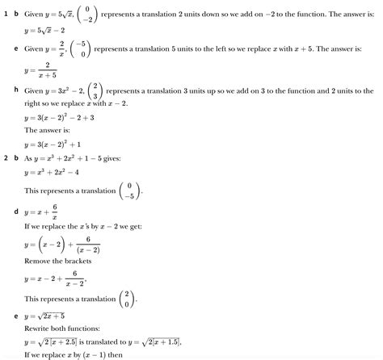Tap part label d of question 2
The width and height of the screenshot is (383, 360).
click(17, 211)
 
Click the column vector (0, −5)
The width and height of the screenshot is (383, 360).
click(131, 190)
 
